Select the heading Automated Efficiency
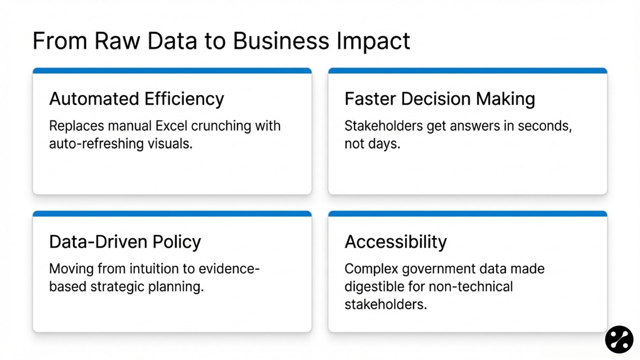click(136, 98)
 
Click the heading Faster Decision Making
click(439, 98)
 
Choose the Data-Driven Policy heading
click(125, 242)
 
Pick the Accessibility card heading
click(395, 242)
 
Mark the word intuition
click(153, 268)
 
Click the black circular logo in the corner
click(619, 339)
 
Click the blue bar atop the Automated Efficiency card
click(172, 71)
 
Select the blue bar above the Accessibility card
click(467, 214)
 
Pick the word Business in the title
click(281, 41)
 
